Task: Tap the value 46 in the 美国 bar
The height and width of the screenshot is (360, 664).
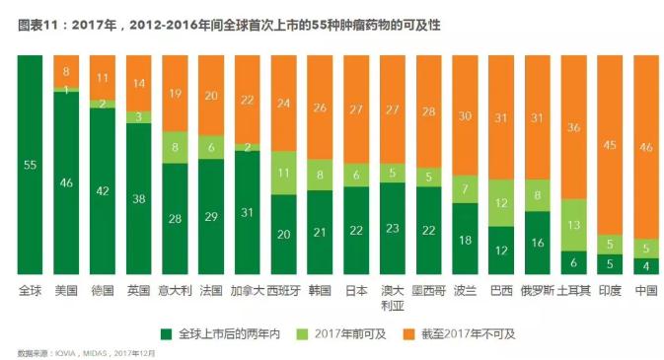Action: [x=66, y=182]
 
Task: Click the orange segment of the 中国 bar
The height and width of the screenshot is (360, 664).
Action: [x=646, y=148]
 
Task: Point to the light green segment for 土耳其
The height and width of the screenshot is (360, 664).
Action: [x=573, y=224]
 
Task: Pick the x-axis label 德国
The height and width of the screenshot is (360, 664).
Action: [x=103, y=291]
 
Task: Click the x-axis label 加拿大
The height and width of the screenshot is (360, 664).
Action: [x=247, y=291]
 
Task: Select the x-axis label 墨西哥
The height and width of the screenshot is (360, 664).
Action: [x=428, y=291]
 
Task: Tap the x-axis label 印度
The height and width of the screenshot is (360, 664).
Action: [x=610, y=291]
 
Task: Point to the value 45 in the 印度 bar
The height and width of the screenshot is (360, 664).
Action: [x=610, y=146]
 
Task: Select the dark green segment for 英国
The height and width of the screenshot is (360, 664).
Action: [x=139, y=198]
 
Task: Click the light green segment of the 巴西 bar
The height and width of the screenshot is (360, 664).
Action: [x=501, y=203]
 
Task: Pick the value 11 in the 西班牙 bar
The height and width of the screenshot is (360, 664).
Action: [x=284, y=173]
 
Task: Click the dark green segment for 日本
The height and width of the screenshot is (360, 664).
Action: [x=356, y=230]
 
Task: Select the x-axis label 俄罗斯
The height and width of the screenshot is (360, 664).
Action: [x=537, y=291]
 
